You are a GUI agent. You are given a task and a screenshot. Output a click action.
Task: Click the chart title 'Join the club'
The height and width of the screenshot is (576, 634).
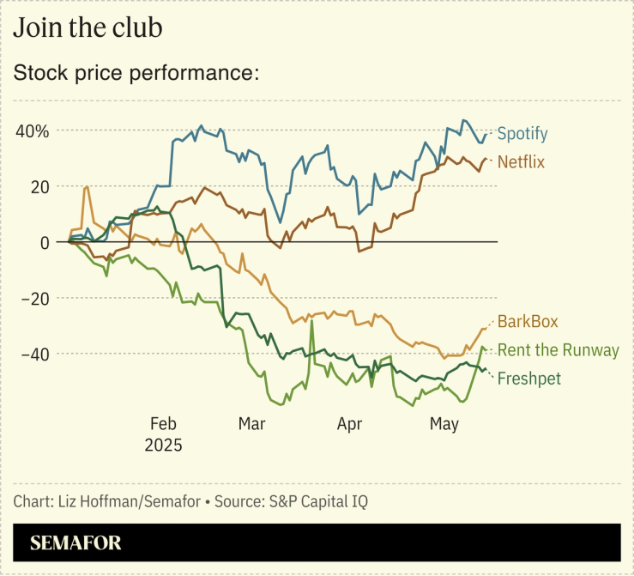pos(88,27)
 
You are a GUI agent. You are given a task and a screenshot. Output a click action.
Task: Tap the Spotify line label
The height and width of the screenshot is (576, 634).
pos(522,134)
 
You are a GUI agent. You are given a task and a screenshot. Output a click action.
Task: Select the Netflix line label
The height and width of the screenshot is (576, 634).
pos(521,161)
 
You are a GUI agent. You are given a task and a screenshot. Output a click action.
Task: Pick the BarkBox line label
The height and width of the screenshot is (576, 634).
pos(528,322)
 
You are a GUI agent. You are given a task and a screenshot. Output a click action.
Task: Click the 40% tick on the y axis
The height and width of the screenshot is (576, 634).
pos(31,131)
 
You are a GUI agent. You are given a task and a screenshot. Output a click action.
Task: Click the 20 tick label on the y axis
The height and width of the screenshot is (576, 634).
pos(39,186)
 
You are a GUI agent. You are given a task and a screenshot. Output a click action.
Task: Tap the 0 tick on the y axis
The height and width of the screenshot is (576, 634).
pos(44,242)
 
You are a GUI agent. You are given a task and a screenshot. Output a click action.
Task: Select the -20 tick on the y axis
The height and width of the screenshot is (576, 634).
pos(34,298)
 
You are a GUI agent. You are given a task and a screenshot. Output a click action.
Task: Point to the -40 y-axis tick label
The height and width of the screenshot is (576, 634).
pos(34,354)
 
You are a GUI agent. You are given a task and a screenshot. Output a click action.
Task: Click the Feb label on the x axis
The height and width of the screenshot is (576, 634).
pos(163,423)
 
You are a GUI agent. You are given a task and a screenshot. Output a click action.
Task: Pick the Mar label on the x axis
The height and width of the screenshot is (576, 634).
pos(251,423)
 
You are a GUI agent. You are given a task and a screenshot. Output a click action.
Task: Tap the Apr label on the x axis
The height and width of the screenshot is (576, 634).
pos(349,423)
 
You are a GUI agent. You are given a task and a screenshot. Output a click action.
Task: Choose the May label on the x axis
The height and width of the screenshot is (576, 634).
pos(444,423)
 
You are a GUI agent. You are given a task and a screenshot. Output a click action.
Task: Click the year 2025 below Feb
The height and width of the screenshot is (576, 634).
pos(163,446)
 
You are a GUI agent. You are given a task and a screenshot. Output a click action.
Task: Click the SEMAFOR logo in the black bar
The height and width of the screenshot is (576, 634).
pos(75,543)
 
